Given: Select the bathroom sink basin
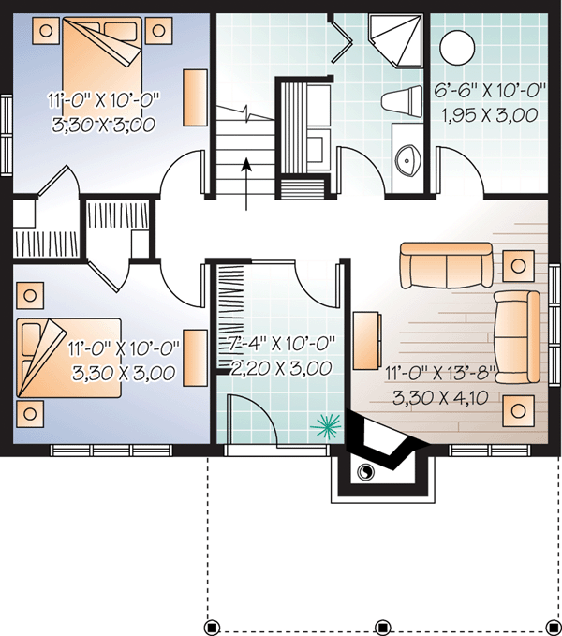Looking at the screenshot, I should tap(408, 160).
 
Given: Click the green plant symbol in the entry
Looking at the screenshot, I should tap(327, 426).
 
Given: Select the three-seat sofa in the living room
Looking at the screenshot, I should tap(445, 265).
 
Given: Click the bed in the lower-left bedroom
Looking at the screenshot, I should tap(71, 356).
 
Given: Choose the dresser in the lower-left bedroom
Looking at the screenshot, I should tap(194, 356).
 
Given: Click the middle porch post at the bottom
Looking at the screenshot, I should tap(381, 626).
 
